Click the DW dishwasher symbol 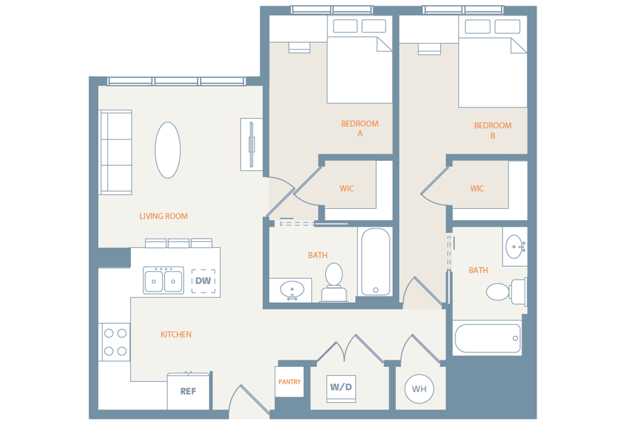[203, 281]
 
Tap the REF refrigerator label [188, 391]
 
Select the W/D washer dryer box [341, 389]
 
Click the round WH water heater [419, 389]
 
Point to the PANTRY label [289, 382]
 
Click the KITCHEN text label [176, 335]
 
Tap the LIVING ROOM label [164, 216]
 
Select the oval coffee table [168, 150]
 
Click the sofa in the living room [115, 152]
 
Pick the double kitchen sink [163, 280]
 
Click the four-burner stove [114, 342]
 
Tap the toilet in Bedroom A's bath [334, 282]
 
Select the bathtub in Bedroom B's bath [487, 338]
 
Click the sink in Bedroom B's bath [515, 247]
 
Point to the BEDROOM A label [360, 129]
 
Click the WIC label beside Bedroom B [477, 189]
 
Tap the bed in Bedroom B [493, 61]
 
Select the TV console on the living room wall [252, 144]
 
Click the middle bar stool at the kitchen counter [179, 243]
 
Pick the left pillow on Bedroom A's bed [345, 26]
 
